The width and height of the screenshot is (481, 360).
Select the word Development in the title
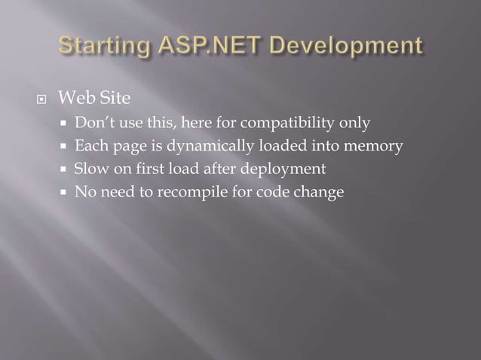[344, 46]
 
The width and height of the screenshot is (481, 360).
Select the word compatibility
[288, 122]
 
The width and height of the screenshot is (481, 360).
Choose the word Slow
[90, 169]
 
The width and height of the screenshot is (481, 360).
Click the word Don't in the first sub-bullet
[92, 122]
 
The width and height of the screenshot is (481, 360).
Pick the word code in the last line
[273, 192]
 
